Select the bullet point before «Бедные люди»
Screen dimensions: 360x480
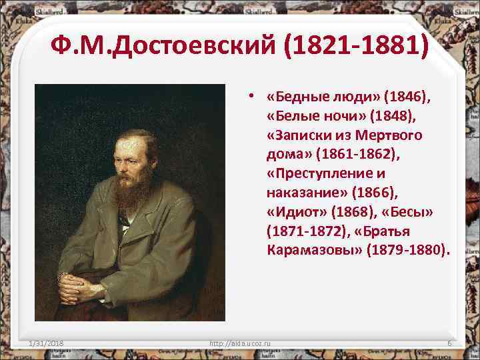(249, 97)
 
